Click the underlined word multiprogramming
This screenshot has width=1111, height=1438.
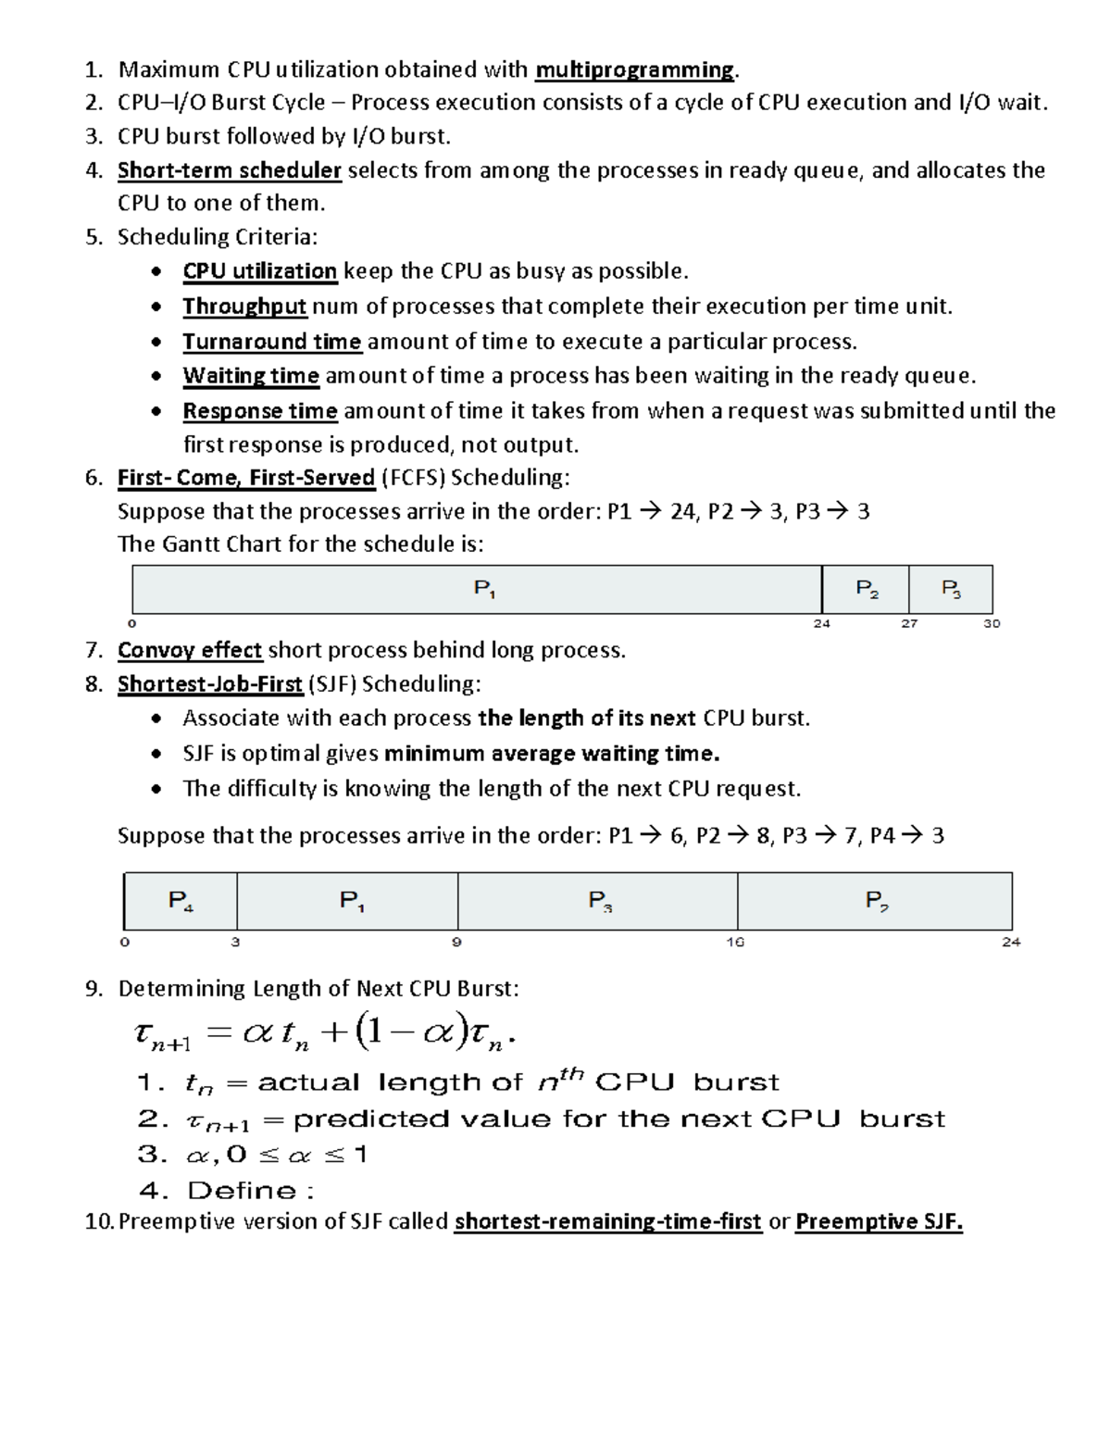coord(634,70)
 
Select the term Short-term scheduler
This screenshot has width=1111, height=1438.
coord(230,170)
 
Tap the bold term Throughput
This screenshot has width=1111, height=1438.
coord(244,306)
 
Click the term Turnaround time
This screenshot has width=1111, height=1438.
coord(271,342)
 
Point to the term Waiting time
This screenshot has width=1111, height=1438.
coord(251,376)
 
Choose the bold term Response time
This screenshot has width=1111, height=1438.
coord(260,411)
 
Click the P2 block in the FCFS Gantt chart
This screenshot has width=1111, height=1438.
coord(867,589)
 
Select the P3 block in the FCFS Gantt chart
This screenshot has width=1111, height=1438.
coord(951,589)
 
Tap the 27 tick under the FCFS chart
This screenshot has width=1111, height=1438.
coord(909,624)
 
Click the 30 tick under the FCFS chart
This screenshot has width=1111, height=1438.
coord(992,624)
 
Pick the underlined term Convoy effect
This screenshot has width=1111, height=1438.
coord(190,651)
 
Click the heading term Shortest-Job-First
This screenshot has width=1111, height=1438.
coord(210,684)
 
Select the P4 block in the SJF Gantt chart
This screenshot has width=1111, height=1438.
coord(181,900)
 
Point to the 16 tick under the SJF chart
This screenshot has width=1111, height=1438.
coord(735,943)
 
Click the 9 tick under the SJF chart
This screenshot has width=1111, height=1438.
coord(456,943)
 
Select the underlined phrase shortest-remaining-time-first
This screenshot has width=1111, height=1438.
coord(607,1222)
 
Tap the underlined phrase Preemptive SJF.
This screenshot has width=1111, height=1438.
coord(879,1222)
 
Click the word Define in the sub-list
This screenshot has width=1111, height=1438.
coord(242,1191)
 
